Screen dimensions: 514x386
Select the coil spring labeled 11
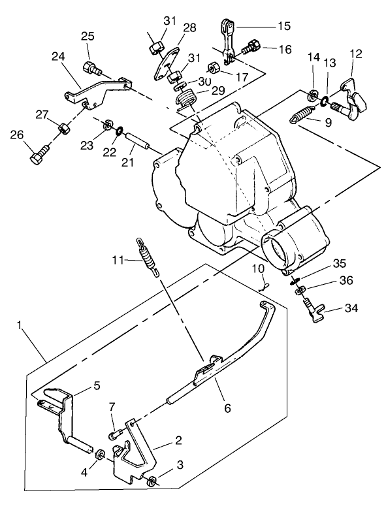point(148,258)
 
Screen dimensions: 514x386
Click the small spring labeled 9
point(300,116)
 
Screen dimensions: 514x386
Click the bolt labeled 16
point(251,48)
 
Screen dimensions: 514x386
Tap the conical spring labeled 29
point(187,102)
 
